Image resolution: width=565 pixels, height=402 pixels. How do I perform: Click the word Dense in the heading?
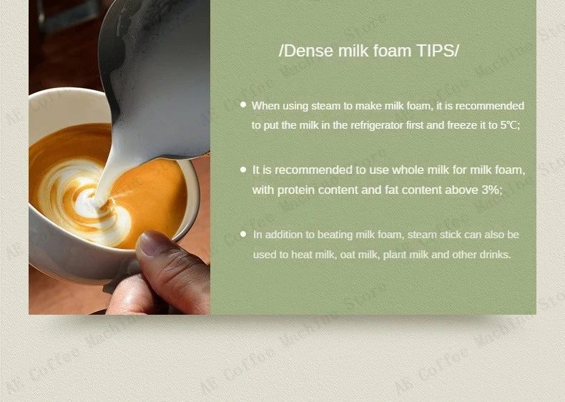click(307, 51)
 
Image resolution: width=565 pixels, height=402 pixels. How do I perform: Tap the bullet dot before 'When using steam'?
click(243, 104)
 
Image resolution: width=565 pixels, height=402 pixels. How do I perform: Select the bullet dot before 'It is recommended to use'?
click(243, 170)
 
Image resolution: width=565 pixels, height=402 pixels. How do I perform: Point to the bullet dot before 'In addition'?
click(243, 234)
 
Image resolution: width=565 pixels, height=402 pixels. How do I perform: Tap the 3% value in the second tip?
click(491, 190)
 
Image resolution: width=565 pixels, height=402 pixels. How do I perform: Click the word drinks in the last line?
click(495, 254)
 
